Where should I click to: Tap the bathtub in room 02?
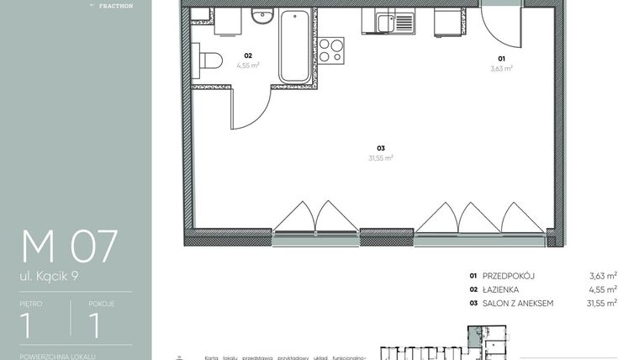[294, 46]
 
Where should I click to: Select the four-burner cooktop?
[331, 50]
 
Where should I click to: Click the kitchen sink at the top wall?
[388, 23]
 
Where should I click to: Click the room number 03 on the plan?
[380, 148]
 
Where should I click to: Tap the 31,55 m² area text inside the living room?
[381, 157]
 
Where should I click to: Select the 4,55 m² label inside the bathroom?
[248, 65]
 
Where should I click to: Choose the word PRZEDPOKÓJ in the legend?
[509, 275]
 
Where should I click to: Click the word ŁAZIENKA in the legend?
[502, 289]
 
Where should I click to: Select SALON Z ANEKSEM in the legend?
[517, 303]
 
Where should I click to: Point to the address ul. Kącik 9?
[53, 274]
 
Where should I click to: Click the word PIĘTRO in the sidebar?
[30, 304]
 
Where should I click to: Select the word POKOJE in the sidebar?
[101, 304]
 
